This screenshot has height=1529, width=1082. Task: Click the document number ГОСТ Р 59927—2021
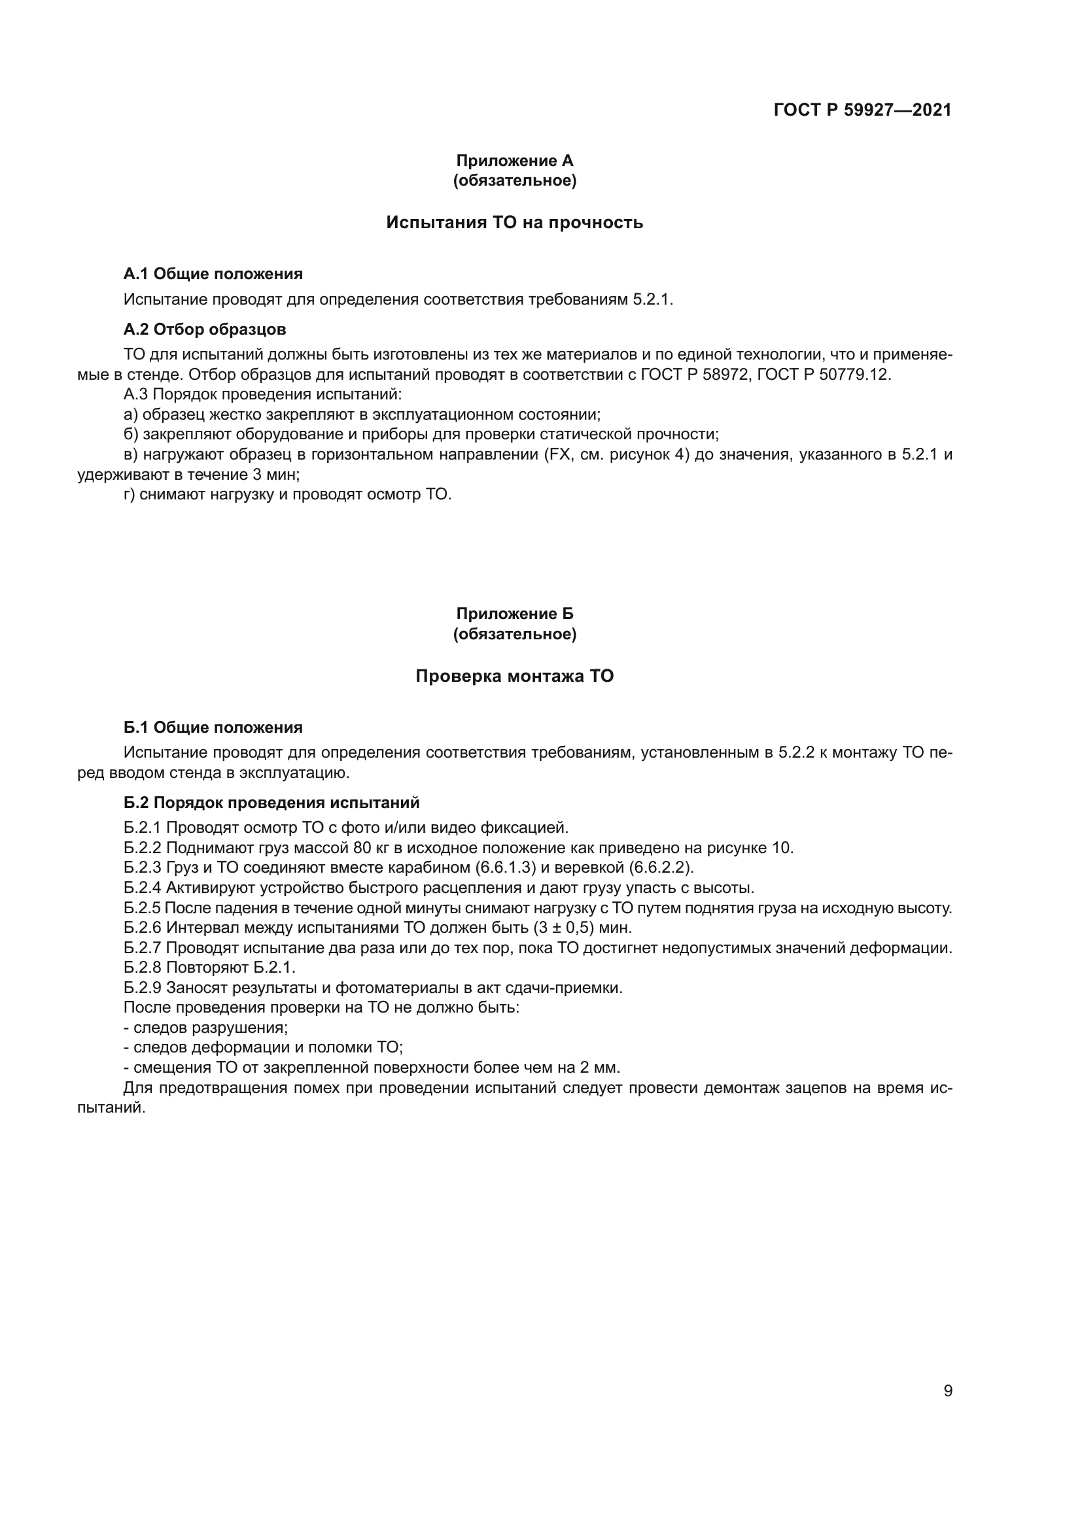point(863,110)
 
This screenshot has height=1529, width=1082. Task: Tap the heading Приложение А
point(514,161)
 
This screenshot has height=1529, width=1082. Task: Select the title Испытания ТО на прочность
point(514,222)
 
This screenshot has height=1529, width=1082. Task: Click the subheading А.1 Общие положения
point(213,274)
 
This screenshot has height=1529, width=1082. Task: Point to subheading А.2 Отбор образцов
point(205,329)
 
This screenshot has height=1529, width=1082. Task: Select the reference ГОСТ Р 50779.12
point(824,375)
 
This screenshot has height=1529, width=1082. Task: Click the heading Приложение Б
point(514,613)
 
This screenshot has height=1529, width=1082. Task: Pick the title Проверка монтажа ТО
point(514,676)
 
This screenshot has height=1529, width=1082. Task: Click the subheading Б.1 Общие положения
point(213,727)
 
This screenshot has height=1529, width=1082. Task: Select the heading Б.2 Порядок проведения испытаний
point(271,803)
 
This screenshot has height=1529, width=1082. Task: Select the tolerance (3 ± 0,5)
point(564,928)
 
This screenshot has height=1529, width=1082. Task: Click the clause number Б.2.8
point(143,967)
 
